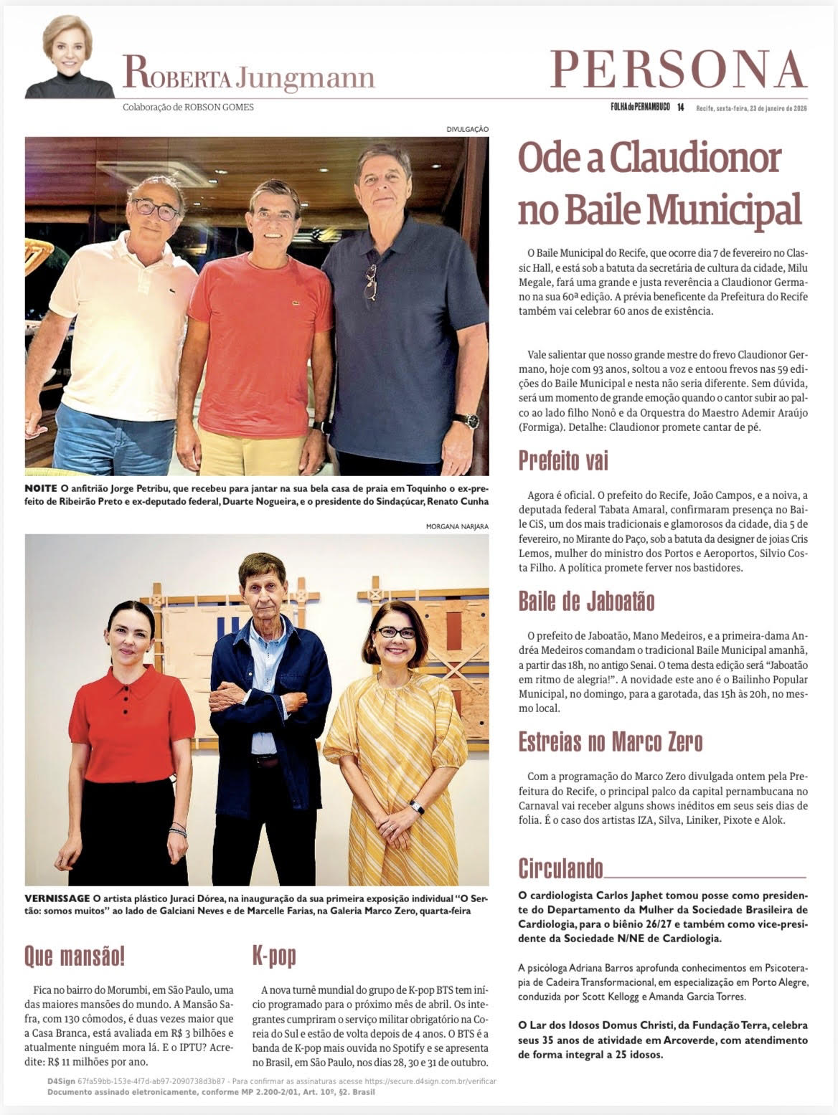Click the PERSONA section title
point(678,70)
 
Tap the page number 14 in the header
point(680,108)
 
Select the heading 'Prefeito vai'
point(563,461)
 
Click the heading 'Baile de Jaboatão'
point(586,601)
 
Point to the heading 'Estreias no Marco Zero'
point(610,741)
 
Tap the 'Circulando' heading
point(560,869)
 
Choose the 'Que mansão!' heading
point(75,956)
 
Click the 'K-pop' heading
point(273,956)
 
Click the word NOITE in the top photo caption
point(41,488)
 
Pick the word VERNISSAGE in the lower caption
point(57,898)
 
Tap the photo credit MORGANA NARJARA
point(457,526)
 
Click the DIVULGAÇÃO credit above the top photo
point(467,129)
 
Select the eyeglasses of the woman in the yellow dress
point(395,633)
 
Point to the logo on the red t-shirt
point(294,303)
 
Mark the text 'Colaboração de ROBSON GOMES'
point(188,108)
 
